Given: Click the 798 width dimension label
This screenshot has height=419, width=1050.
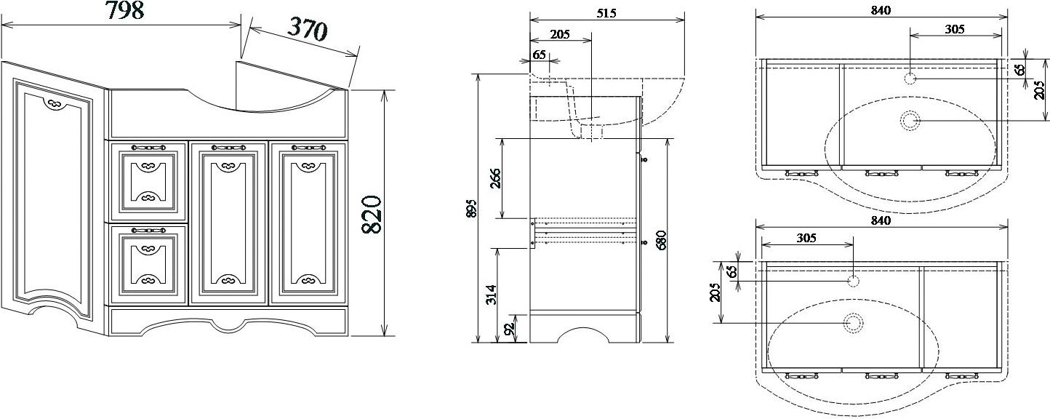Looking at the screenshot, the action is [124, 11].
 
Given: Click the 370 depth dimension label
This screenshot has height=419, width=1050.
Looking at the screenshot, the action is [307, 28].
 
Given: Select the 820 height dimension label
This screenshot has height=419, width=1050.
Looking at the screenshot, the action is [373, 215].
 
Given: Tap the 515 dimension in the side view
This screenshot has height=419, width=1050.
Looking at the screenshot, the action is [606, 13].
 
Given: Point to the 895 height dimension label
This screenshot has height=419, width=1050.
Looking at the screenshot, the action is [472, 208].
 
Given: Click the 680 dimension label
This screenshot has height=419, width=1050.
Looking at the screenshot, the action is [661, 240].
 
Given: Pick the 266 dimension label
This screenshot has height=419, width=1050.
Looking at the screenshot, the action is [495, 178].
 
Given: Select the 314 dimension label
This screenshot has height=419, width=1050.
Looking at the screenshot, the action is [491, 295].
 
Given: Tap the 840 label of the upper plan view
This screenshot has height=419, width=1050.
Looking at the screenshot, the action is [881, 10].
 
